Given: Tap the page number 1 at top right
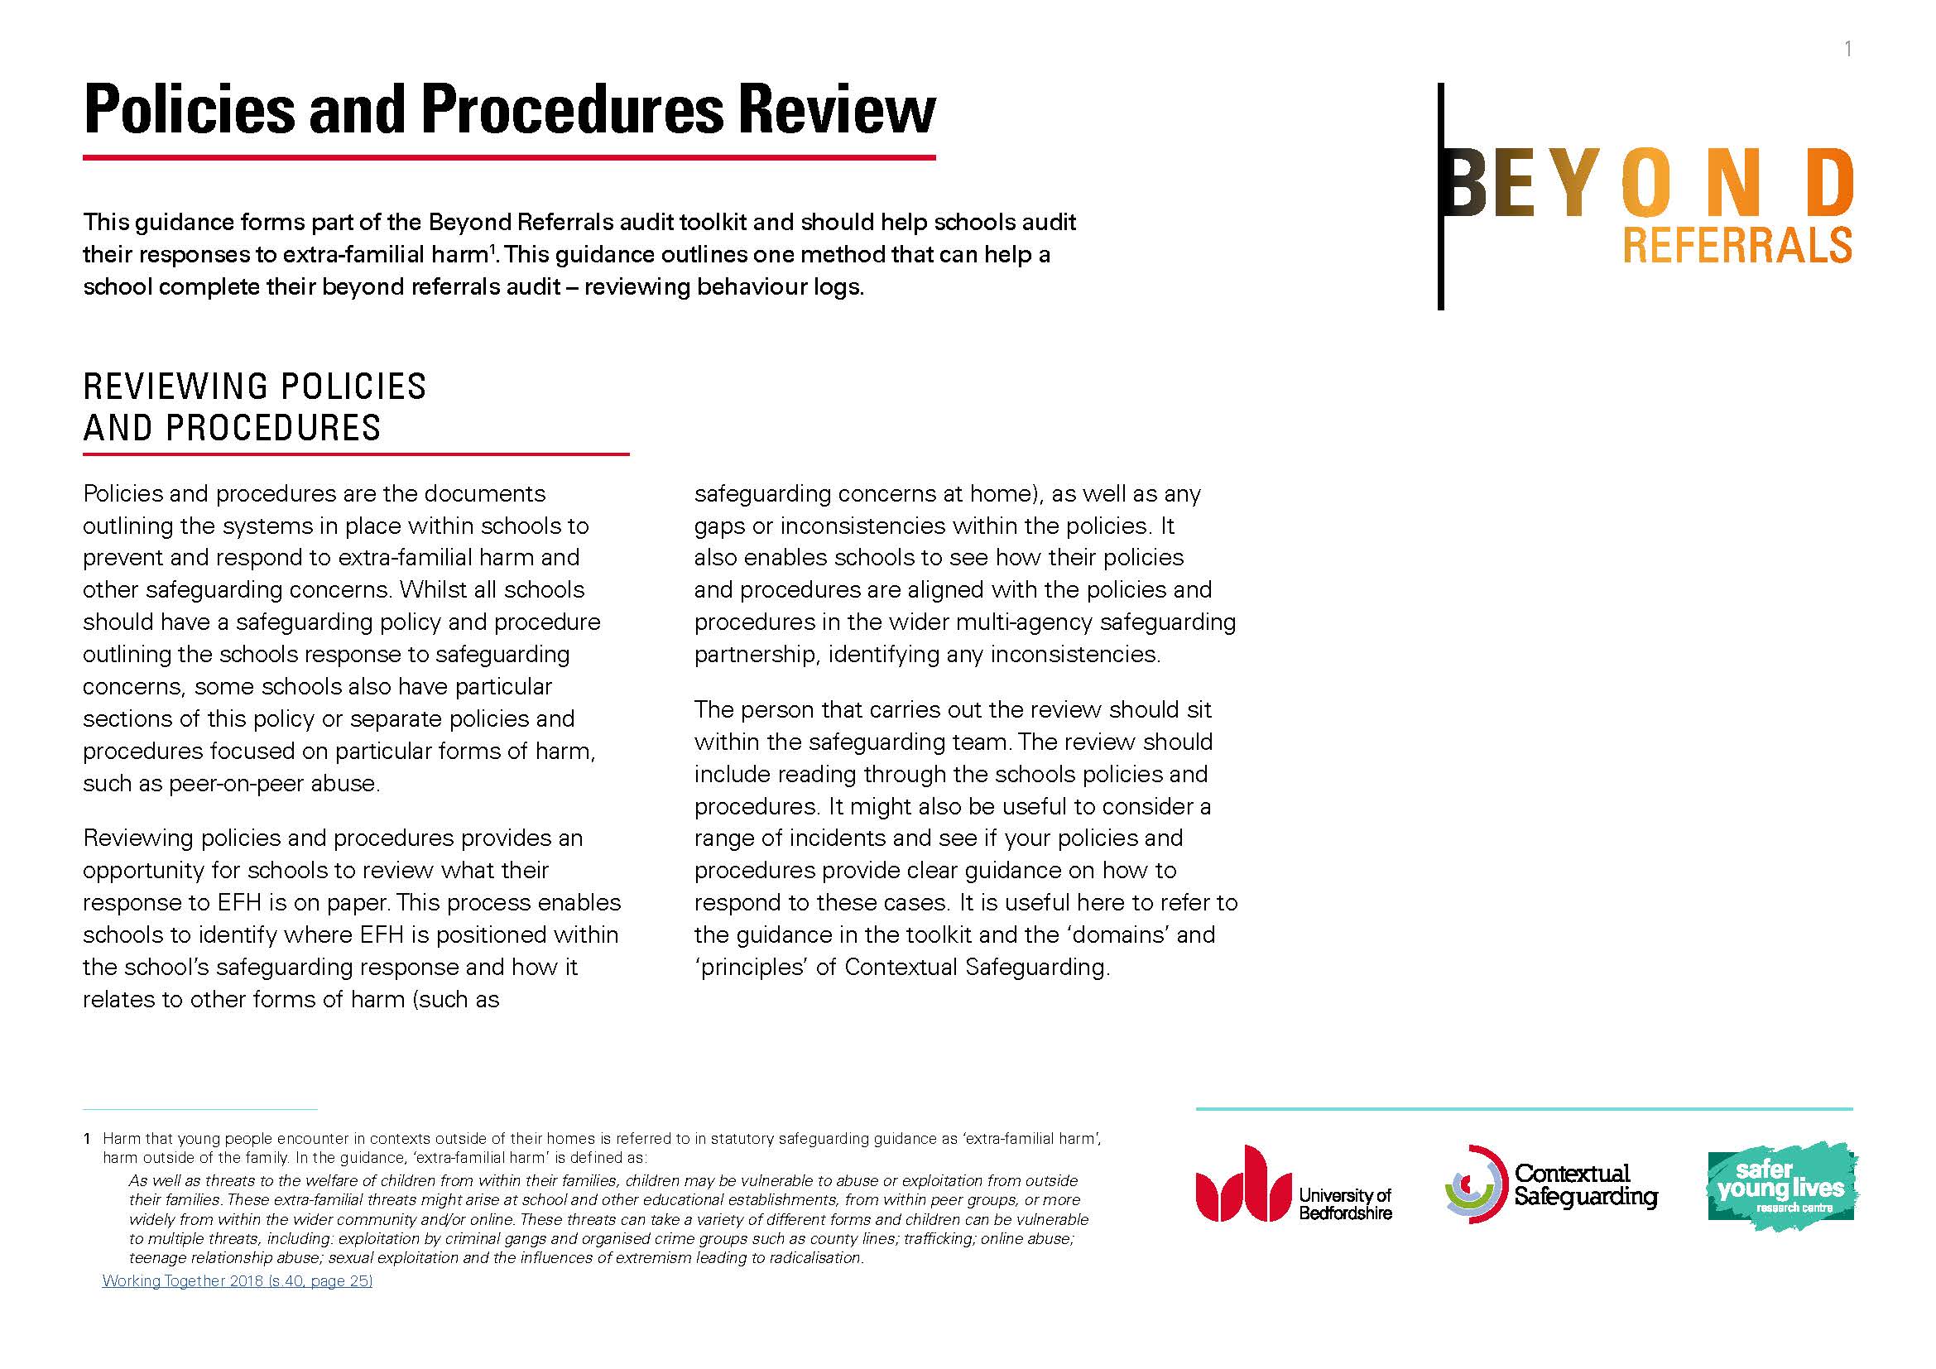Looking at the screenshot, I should (1847, 50).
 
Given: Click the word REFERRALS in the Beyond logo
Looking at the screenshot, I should (1737, 245).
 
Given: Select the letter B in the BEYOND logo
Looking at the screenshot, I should (1468, 181).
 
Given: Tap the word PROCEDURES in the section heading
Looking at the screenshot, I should (273, 428).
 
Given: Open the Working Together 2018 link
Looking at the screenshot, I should (237, 1280).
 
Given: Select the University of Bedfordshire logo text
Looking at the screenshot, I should (1345, 1203).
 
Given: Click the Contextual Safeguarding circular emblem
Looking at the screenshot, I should (1475, 1184).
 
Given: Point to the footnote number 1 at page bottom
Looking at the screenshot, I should (87, 1139).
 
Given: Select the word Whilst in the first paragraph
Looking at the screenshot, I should (433, 590).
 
